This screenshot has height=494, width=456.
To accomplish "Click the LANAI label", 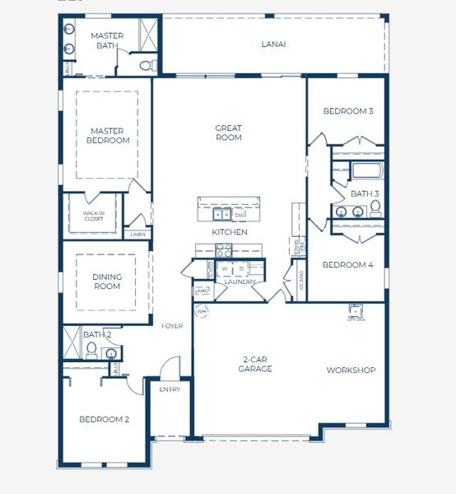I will (x=273, y=44).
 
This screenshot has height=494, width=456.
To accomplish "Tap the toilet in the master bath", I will (x=147, y=65).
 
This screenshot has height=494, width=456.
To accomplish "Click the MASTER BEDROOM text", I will (x=108, y=135).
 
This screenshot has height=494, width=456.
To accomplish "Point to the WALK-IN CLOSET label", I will (x=93, y=216).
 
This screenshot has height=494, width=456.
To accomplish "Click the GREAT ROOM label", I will (x=228, y=133).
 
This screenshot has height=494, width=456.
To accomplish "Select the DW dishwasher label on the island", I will (x=240, y=215).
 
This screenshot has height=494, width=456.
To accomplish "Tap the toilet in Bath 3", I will (x=375, y=209).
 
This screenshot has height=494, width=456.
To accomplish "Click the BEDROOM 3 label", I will (x=347, y=111).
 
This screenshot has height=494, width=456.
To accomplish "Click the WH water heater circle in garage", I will (x=202, y=311).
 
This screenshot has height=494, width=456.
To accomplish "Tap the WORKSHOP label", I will (x=351, y=370).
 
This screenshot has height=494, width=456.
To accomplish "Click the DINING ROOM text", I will (x=107, y=282).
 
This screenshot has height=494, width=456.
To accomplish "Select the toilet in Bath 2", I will (x=92, y=353).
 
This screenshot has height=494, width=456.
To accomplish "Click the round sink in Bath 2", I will (x=111, y=353).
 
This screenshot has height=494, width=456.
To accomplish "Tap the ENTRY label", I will (x=170, y=389).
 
